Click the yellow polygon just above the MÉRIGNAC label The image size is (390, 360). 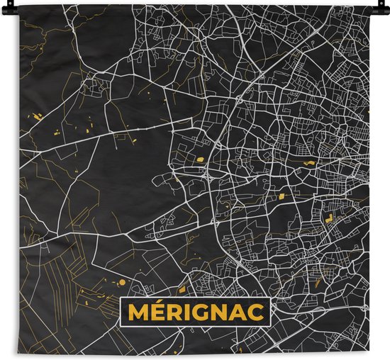pos(182,289)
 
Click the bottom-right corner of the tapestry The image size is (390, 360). pos(369,354)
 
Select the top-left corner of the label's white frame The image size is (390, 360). pos(121,299)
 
